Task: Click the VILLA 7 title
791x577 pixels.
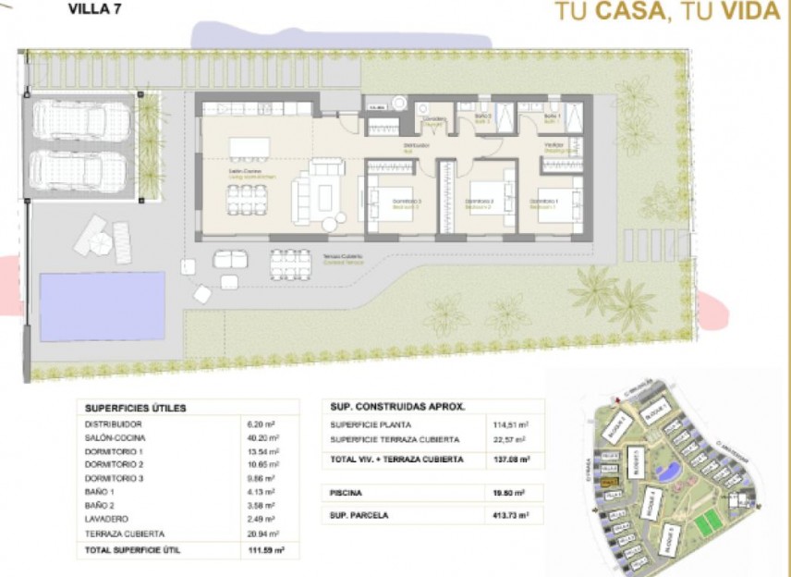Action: pos(94,11)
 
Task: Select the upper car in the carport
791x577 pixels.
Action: pos(81,120)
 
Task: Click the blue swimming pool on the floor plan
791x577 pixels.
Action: pos(102,306)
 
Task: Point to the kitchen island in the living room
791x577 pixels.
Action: pos(249,148)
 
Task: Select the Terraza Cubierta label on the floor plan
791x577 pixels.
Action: pos(343,257)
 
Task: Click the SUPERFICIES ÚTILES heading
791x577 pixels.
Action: pos(136,407)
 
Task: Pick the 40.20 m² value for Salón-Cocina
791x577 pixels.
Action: pos(265,437)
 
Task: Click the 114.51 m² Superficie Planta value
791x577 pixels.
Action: pos(511,424)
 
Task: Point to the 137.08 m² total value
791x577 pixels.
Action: pos(511,458)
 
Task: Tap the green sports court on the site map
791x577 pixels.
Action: pos(708,522)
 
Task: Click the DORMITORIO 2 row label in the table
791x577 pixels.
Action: pos(114,465)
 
